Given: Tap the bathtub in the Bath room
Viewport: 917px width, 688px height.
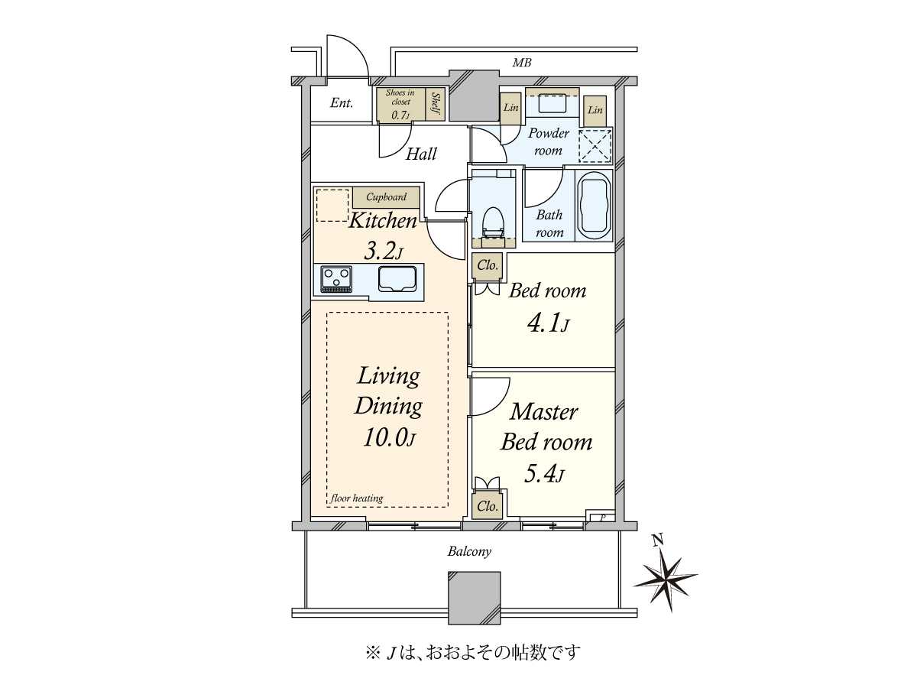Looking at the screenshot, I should [x=595, y=206].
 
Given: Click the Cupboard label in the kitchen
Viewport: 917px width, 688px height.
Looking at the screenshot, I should [x=386, y=197].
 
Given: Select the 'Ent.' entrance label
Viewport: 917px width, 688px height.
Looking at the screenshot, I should [x=341, y=103].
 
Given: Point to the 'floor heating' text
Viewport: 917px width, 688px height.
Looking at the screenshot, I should [x=357, y=498].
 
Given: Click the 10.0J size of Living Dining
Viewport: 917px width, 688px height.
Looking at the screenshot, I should [x=389, y=439].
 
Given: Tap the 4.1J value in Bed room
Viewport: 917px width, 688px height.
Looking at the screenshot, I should [x=547, y=325].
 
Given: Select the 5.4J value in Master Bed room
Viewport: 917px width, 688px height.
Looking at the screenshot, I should [x=543, y=475].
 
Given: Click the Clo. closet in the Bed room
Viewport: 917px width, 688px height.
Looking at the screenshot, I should [x=487, y=266].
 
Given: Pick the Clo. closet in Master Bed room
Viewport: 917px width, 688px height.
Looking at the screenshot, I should [x=487, y=506].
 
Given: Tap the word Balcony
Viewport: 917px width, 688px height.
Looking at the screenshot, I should [x=469, y=551].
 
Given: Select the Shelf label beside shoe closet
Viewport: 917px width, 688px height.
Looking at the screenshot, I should [x=436, y=104].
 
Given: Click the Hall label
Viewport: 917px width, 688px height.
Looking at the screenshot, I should [x=421, y=154].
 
